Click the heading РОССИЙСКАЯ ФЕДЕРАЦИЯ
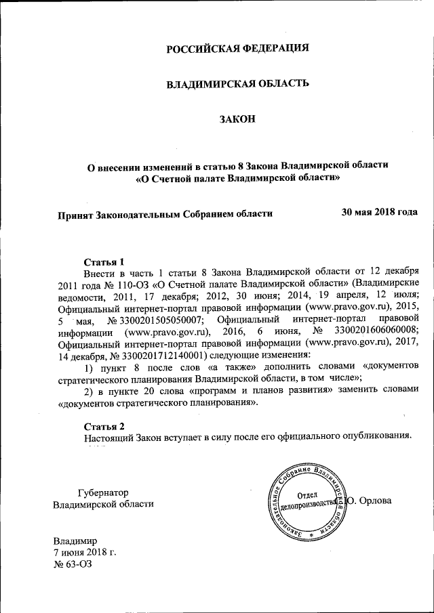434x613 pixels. (238, 48)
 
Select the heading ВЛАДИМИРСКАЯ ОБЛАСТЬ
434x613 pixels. (238, 83)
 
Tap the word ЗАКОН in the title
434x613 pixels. (238, 119)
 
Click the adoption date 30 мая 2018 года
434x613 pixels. (379, 212)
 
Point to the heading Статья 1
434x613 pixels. (104, 261)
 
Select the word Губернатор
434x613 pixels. (103, 492)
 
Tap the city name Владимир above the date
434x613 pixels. (76, 541)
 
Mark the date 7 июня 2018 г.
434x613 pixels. (85, 552)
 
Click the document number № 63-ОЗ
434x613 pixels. (73, 564)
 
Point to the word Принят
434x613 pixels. (75, 214)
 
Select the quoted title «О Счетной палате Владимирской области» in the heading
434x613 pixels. (238, 178)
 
